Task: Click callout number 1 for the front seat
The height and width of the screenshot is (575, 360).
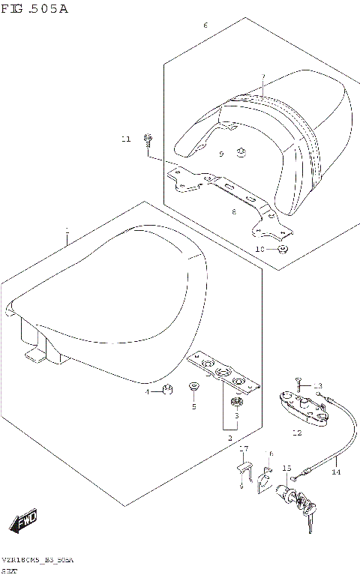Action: coord(67,230)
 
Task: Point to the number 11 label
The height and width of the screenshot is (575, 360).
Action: coord(127,139)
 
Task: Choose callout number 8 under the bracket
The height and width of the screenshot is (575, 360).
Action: coord(234,212)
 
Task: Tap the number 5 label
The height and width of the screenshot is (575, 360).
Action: coord(193,407)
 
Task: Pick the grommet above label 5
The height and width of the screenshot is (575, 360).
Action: coord(194,387)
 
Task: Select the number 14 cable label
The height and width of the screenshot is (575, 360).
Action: coord(336,472)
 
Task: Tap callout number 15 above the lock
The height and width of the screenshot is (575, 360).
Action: coord(286,469)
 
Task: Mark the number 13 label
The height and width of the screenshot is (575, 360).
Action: coord(317,385)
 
